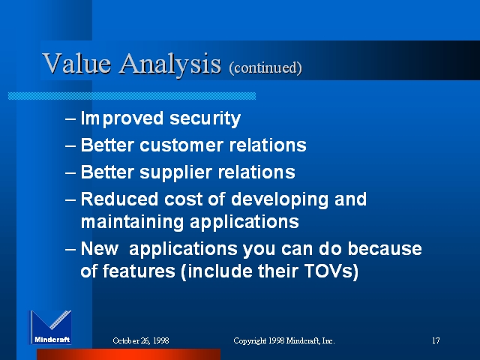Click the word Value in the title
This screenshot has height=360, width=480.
coord(76,63)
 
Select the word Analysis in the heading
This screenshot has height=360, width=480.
coord(170,64)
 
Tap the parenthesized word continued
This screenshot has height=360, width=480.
coord(265,67)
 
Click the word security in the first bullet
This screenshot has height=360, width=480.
coord(205,118)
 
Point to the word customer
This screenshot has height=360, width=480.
coord(181,145)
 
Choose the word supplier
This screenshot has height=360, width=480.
coord(175,172)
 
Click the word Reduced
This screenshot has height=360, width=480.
coord(120,199)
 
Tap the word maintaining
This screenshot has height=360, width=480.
coord(132,222)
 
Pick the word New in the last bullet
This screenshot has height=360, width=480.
coord(100,248)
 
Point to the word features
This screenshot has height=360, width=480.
coord(139,271)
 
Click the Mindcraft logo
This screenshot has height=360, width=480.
coord(50,327)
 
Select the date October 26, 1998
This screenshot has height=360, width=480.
coord(141,340)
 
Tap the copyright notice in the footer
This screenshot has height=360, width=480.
coord(284,340)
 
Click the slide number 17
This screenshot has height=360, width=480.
coord(436,340)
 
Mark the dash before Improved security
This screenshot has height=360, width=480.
coord(70,118)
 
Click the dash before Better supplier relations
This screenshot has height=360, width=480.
coord(70,172)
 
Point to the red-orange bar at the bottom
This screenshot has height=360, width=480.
coord(128,354)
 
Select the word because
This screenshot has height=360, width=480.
coord(385,248)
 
